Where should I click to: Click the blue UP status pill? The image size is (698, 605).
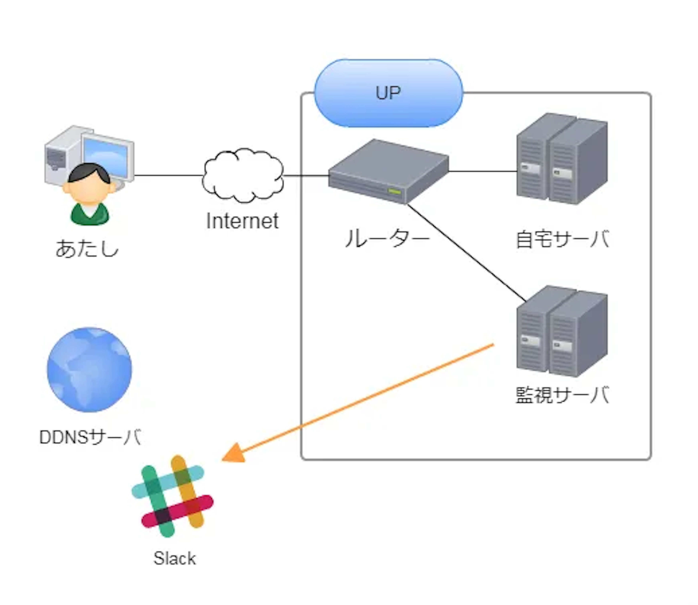point(388,93)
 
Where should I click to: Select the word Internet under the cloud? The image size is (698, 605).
point(242,221)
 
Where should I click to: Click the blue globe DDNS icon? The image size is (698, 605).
point(89,370)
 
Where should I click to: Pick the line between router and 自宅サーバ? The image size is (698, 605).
point(483,172)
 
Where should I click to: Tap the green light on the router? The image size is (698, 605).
point(394,192)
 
